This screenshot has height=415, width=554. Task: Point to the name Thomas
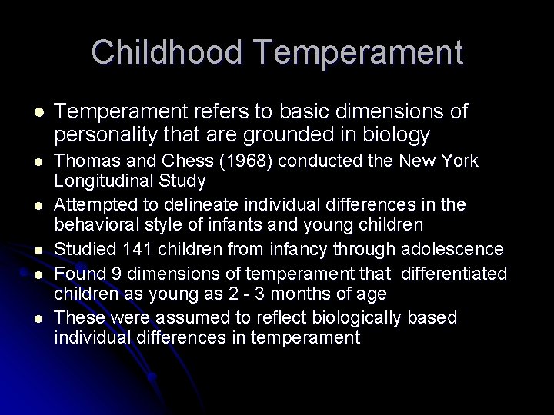(x=85, y=161)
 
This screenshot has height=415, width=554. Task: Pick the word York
(x=460, y=161)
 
